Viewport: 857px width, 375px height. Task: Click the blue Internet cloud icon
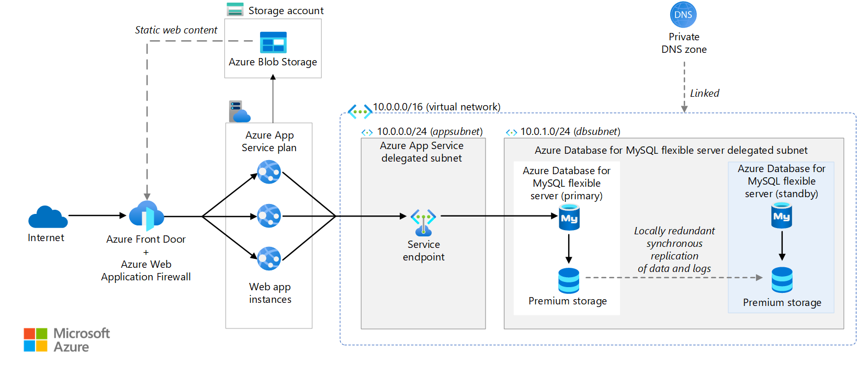point(48,217)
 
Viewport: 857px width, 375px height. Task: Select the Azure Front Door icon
point(146,215)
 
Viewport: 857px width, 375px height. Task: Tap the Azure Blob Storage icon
point(273,42)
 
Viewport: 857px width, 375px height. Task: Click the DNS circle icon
point(683,15)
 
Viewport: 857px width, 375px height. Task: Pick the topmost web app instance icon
point(269,172)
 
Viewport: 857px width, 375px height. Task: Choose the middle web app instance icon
point(269,215)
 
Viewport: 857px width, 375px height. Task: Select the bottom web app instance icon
point(269,258)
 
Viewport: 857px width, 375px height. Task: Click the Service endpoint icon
point(423,222)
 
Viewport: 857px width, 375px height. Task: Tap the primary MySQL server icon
point(569,218)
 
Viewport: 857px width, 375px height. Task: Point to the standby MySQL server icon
point(782,216)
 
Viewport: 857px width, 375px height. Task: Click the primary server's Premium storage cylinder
point(569,281)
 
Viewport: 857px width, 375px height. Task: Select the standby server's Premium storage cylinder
point(782,280)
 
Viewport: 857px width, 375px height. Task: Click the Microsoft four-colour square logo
point(36,340)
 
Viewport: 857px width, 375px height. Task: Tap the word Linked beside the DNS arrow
point(704,93)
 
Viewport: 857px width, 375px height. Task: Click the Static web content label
point(176,30)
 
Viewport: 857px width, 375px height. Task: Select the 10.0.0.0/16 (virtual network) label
point(436,107)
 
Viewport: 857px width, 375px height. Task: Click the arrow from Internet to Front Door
point(97,215)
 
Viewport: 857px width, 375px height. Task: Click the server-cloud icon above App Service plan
point(239,111)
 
